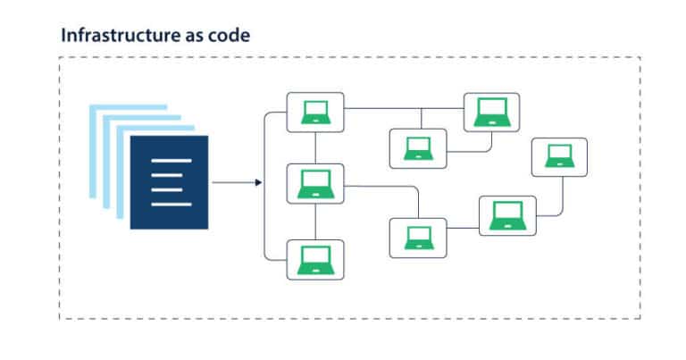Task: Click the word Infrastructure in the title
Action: pyautogui.click(x=121, y=35)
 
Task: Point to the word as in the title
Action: pyautogui.click(x=194, y=37)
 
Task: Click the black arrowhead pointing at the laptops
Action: pyautogui.click(x=258, y=182)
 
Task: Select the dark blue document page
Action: pyautogui.click(x=170, y=182)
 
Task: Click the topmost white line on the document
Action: pyautogui.click(x=171, y=161)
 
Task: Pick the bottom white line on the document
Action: pyautogui.click(x=171, y=205)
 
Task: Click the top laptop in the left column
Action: pyautogui.click(x=315, y=113)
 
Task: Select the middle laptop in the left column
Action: pyautogui.click(x=315, y=184)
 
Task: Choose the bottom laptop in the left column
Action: pyautogui.click(x=315, y=260)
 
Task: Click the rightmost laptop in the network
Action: pyautogui.click(x=559, y=157)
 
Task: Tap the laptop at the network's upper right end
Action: pyautogui.click(x=492, y=112)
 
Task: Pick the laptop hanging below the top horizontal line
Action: pyautogui.click(x=418, y=148)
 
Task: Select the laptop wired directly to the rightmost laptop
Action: pyautogui.click(x=507, y=215)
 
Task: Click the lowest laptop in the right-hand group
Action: pyautogui.click(x=418, y=238)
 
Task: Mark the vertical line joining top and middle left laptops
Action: pyautogui.click(x=315, y=148)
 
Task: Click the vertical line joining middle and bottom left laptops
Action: pyautogui.click(x=315, y=222)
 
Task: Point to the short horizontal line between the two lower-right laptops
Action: pyautogui.click(x=463, y=228)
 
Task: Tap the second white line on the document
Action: pyautogui.click(x=167, y=175)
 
